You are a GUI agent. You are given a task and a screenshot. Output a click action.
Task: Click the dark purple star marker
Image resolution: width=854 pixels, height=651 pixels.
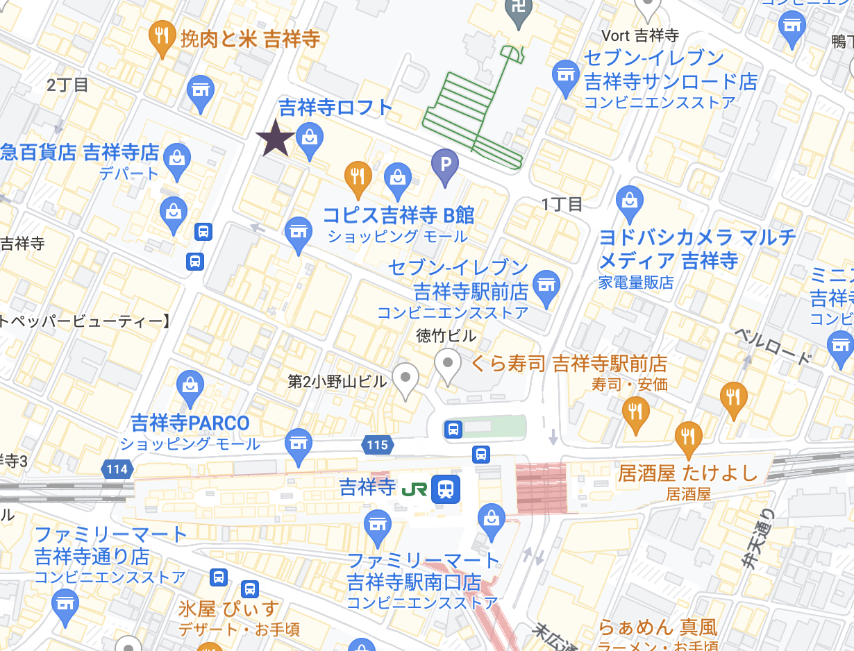(276, 138)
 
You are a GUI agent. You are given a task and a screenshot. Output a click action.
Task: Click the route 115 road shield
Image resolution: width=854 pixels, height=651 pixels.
(378, 445)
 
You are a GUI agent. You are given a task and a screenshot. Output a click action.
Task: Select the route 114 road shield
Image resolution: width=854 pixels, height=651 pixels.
(117, 470)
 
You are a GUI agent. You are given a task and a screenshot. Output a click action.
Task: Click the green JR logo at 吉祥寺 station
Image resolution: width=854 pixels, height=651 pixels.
(414, 489)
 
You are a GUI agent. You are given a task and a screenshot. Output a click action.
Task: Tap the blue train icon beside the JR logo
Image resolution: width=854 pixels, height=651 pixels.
(446, 489)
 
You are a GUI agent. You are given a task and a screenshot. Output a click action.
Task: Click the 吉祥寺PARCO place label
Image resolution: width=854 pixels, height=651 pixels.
(190, 423)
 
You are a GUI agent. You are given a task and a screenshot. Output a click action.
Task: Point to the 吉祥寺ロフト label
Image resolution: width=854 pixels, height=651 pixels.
(335, 107)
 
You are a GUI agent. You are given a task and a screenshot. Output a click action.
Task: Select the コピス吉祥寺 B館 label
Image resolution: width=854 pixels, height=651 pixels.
(398, 214)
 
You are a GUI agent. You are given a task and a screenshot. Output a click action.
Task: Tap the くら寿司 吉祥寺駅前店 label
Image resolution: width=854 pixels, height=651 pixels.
(569, 363)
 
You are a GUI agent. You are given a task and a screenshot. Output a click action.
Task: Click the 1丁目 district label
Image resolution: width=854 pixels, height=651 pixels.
(562, 203)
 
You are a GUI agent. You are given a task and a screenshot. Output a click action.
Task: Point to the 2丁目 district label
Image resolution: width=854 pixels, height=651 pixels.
(67, 85)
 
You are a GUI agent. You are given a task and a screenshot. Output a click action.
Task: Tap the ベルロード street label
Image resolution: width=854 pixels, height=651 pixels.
(773, 347)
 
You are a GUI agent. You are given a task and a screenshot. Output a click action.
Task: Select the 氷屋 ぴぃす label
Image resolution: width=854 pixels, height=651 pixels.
(228, 609)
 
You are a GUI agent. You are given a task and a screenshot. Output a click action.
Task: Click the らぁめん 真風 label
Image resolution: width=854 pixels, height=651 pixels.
(657, 627)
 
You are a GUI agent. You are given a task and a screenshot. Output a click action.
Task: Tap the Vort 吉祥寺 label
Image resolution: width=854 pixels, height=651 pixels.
(639, 35)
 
